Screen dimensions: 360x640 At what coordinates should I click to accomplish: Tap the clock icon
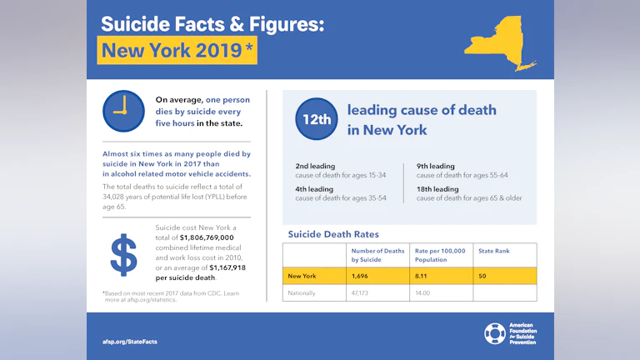pos(122,111)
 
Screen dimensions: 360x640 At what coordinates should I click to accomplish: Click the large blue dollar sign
pos(123,255)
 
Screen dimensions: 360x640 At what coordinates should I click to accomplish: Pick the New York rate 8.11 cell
pos(425,275)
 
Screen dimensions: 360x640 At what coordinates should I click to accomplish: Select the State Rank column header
pos(494,251)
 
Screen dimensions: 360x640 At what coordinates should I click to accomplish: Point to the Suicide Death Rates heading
pos(333,234)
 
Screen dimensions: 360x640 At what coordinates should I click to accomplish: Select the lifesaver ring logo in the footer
pos(494,333)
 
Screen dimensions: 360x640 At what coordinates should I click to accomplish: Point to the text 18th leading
pos(437,188)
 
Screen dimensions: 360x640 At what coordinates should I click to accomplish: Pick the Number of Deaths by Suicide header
pos(377,255)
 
